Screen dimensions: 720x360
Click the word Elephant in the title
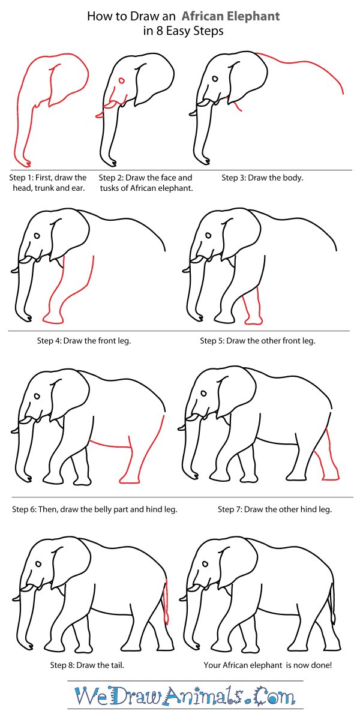[247, 16]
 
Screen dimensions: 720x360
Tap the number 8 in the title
[158, 31]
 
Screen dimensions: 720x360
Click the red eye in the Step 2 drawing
[122, 80]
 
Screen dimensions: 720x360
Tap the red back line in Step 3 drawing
[300, 64]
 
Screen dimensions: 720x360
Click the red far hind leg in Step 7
[329, 462]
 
